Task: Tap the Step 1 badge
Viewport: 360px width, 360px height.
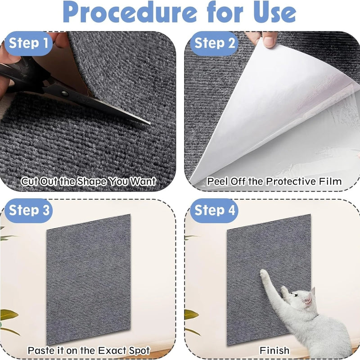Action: [x=31, y=43]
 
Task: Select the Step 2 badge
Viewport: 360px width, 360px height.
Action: [x=214, y=43]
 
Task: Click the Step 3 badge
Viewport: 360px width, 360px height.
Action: [x=31, y=210]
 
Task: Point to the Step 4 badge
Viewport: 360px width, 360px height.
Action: [x=214, y=210]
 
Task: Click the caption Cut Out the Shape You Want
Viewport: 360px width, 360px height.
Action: [x=89, y=182]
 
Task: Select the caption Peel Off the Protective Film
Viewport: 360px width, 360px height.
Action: [x=274, y=182]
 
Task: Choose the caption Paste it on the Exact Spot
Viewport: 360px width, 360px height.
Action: [x=89, y=350]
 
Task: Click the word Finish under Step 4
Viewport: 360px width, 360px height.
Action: [x=274, y=350]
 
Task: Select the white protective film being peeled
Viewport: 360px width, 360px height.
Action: [x=270, y=112]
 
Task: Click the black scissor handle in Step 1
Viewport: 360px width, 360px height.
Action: [x=18, y=76]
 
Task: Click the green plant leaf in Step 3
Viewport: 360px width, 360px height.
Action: [x=6, y=315]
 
